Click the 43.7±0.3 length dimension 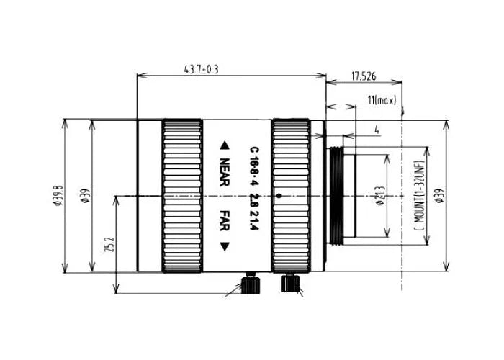point(202,70)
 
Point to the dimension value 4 point(377,130)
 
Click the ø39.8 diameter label point(57,195)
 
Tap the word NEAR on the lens point(224,173)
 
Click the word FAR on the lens point(224,220)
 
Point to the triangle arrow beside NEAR point(224,144)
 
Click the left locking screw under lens point(251,284)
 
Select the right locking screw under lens point(291,282)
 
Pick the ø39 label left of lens point(84,196)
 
